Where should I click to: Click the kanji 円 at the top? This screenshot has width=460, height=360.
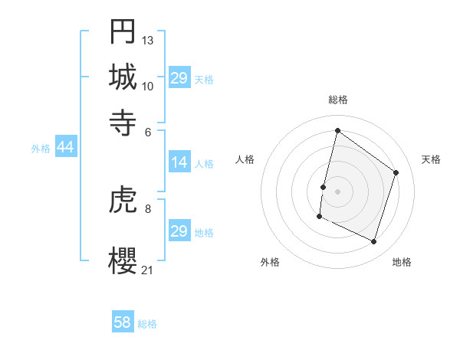(x=123, y=31)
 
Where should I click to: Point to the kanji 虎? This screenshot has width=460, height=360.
(x=123, y=202)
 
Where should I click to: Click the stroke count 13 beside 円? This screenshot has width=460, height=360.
(x=148, y=40)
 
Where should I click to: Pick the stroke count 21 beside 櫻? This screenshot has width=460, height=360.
(x=148, y=270)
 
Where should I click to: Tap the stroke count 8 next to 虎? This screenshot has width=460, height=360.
(x=147, y=208)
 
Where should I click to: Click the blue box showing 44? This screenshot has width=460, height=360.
(x=65, y=147)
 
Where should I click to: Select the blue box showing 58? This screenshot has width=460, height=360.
(x=123, y=322)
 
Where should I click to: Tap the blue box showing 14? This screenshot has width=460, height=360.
(x=179, y=162)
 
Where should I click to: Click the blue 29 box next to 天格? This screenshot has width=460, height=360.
(x=179, y=78)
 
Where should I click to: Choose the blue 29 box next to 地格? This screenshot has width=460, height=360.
(x=179, y=231)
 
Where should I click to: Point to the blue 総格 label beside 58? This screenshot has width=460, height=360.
(x=147, y=324)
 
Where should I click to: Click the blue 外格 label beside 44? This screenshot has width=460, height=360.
(x=41, y=149)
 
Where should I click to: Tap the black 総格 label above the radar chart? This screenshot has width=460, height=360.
(x=337, y=100)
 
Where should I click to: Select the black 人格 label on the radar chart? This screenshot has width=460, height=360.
(x=245, y=159)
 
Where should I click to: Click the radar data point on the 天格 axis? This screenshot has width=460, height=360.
(x=396, y=172)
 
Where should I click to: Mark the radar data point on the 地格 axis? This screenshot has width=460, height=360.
(x=374, y=242)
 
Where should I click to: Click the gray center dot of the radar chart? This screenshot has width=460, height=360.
(x=337, y=191)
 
